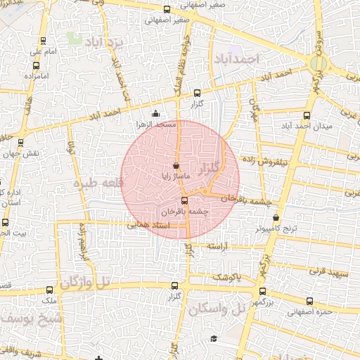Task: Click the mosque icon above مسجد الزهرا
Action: (x=155, y=114)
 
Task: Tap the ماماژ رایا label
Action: (x=165, y=176)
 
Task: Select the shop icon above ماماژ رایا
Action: (x=166, y=166)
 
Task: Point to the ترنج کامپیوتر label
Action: (x=276, y=229)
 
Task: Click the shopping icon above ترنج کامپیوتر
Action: (x=276, y=218)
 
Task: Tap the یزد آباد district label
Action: (x=104, y=43)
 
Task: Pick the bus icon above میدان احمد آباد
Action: (x=306, y=116)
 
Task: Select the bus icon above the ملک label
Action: (x=49, y=290)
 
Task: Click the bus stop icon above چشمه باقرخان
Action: (x=185, y=200)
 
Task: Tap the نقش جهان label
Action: (x=29, y=153)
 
